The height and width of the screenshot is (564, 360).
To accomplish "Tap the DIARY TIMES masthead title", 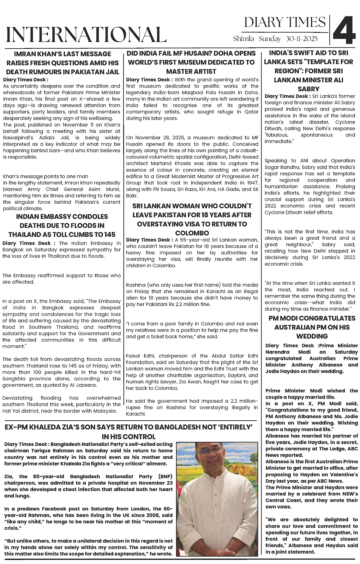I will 285,22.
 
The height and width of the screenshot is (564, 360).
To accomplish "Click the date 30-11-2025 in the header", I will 302,39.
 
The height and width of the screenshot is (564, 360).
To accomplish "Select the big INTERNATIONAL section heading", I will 86,35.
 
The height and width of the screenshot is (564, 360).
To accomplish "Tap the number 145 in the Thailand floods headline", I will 108,234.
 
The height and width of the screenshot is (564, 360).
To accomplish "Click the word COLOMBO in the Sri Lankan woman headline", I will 192,233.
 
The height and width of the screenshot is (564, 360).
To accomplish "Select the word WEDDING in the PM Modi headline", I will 312,336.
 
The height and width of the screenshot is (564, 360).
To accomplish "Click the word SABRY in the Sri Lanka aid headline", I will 309,89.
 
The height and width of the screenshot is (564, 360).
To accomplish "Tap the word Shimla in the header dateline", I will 243,39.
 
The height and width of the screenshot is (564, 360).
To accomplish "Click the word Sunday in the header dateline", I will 270,39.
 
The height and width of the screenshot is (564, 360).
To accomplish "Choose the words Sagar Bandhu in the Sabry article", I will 278,167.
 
